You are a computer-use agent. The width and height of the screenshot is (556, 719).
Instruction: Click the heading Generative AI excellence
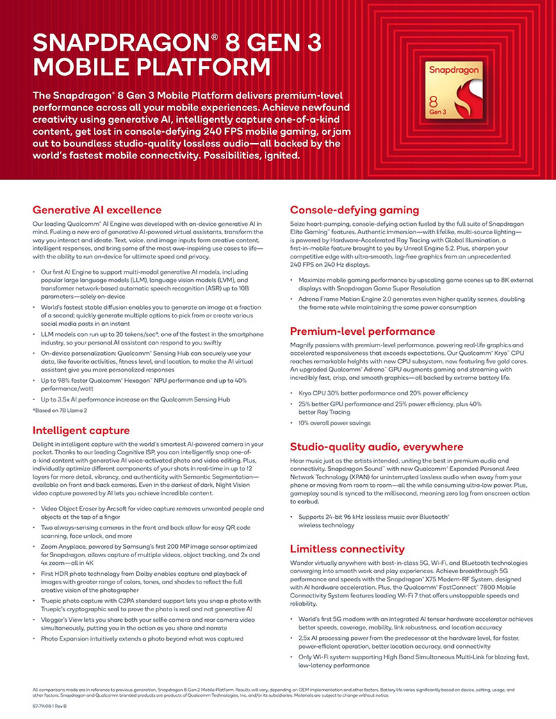point(97,210)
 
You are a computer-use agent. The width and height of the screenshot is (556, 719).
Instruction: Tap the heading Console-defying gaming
point(354,210)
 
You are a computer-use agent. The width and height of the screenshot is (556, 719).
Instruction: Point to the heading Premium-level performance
point(363,331)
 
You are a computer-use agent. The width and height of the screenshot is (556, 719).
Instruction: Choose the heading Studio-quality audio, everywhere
point(377,446)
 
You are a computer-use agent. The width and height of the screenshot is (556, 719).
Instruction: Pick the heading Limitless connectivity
point(347,548)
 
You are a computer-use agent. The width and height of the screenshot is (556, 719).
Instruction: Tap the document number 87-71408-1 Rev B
point(54,705)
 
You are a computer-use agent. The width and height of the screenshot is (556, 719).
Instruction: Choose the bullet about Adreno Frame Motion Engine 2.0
point(410,302)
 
